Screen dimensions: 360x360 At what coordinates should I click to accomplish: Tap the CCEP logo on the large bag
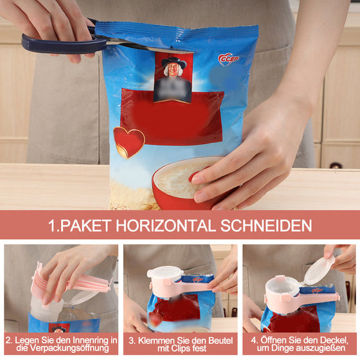[x=229, y=59]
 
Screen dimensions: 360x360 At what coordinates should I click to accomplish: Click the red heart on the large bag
[x=129, y=141]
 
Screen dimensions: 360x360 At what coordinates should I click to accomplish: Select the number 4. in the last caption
[x=253, y=339]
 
